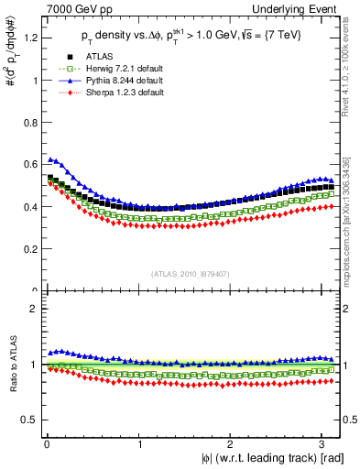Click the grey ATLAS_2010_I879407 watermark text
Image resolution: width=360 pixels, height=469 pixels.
(x=191, y=272)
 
